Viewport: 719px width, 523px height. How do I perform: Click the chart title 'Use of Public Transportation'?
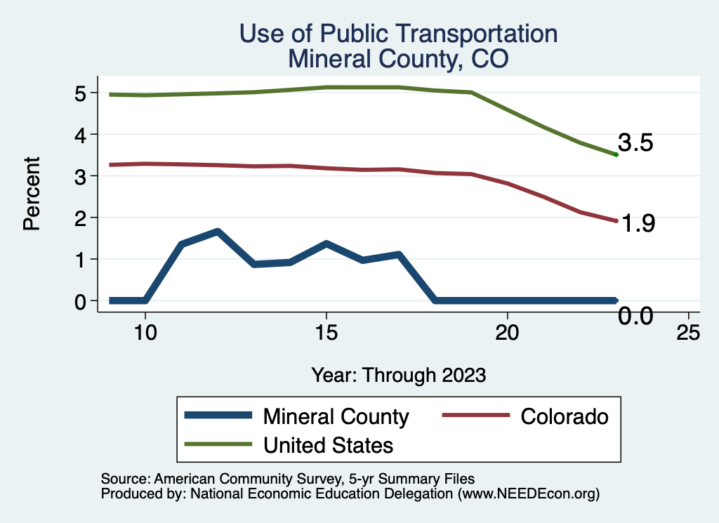pos(398,34)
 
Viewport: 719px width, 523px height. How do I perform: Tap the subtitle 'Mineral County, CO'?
pos(398,59)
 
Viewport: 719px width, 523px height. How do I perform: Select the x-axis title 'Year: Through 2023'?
pos(399,375)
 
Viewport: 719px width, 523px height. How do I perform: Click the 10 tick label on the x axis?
pos(145,333)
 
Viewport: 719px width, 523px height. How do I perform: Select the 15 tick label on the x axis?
pos(326,333)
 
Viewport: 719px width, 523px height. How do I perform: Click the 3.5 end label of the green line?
pos(636,144)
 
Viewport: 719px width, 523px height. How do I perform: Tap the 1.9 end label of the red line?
pos(638,224)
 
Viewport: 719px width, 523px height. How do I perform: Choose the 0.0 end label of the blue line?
pos(636,317)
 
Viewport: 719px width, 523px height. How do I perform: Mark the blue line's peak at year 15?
pos(326,244)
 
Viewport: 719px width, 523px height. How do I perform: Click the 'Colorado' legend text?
pos(564,416)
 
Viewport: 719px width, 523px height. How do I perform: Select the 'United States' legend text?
pos(328,445)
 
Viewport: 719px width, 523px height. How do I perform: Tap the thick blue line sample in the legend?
pos(218,416)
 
